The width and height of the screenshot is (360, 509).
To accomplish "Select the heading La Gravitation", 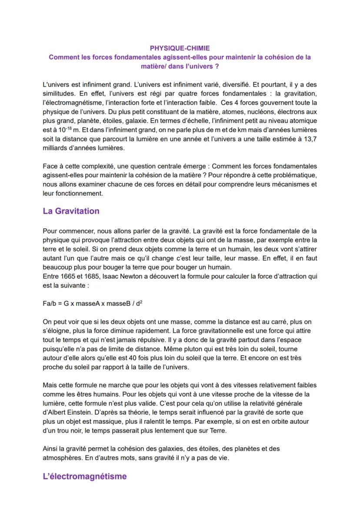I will pos(71,211).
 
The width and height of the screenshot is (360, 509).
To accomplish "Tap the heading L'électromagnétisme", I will pos(85,476).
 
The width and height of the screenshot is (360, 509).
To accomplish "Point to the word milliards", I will pos(57,148).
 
